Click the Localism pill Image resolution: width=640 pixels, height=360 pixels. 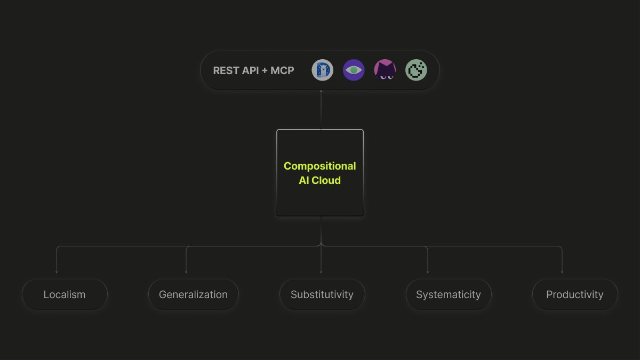click(65, 294)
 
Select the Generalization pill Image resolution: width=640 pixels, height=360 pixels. click(194, 294)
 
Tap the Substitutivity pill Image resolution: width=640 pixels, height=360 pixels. click(322, 294)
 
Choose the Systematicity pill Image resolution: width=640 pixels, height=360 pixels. click(449, 294)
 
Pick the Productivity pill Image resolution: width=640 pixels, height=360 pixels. click(575, 294)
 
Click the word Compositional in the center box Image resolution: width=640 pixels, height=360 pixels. click(319, 166)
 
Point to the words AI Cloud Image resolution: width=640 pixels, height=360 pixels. click(319, 180)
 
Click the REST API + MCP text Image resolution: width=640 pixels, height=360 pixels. click(253, 70)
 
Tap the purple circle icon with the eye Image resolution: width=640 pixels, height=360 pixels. click(354, 70)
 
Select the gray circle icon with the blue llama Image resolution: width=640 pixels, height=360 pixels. click(323, 70)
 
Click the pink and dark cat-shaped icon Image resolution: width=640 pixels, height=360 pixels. click(385, 70)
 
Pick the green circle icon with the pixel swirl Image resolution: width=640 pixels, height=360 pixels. click(417, 70)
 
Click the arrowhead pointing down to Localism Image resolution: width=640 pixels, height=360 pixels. click(57, 273)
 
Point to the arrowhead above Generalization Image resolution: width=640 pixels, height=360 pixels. click(186, 273)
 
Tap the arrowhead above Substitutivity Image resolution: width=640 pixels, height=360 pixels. click(321, 273)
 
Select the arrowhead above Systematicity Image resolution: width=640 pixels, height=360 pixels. click(428, 273)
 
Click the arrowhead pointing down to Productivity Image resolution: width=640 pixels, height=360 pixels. click(562, 273)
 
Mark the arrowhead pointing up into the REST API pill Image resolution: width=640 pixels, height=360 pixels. click(321, 91)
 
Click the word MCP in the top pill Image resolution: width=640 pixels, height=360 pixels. click(282, 70)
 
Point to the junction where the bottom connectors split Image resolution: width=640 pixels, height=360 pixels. click(321, 245)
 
